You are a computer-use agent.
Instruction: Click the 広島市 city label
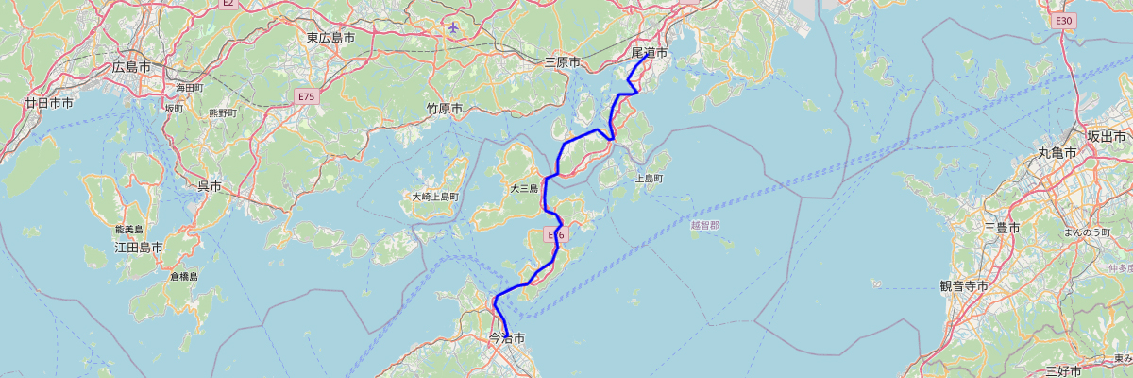(131, 67)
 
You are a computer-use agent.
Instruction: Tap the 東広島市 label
(330, 38)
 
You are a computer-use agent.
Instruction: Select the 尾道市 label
(650, 53)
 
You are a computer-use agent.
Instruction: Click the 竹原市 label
(444, 109)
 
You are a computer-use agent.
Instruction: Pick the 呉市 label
(209, 187)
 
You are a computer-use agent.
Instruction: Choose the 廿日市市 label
(49, 102)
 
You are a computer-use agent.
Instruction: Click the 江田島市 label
(138, 248)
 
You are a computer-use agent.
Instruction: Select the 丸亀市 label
(1056, 152)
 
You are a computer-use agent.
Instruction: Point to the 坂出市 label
(1106, 137)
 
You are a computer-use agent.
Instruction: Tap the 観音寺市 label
(963, 285)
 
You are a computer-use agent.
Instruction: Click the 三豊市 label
(1001, 228)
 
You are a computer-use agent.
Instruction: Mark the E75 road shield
(307, 96)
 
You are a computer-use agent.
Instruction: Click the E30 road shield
(1064, 20)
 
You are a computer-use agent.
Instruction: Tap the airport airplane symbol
(455, 26)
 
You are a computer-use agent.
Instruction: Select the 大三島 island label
(523, 188)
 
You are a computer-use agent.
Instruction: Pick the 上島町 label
(649, 178)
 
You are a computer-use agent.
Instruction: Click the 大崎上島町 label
(434, 197)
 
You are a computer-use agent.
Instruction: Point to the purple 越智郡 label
(704, 225)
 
